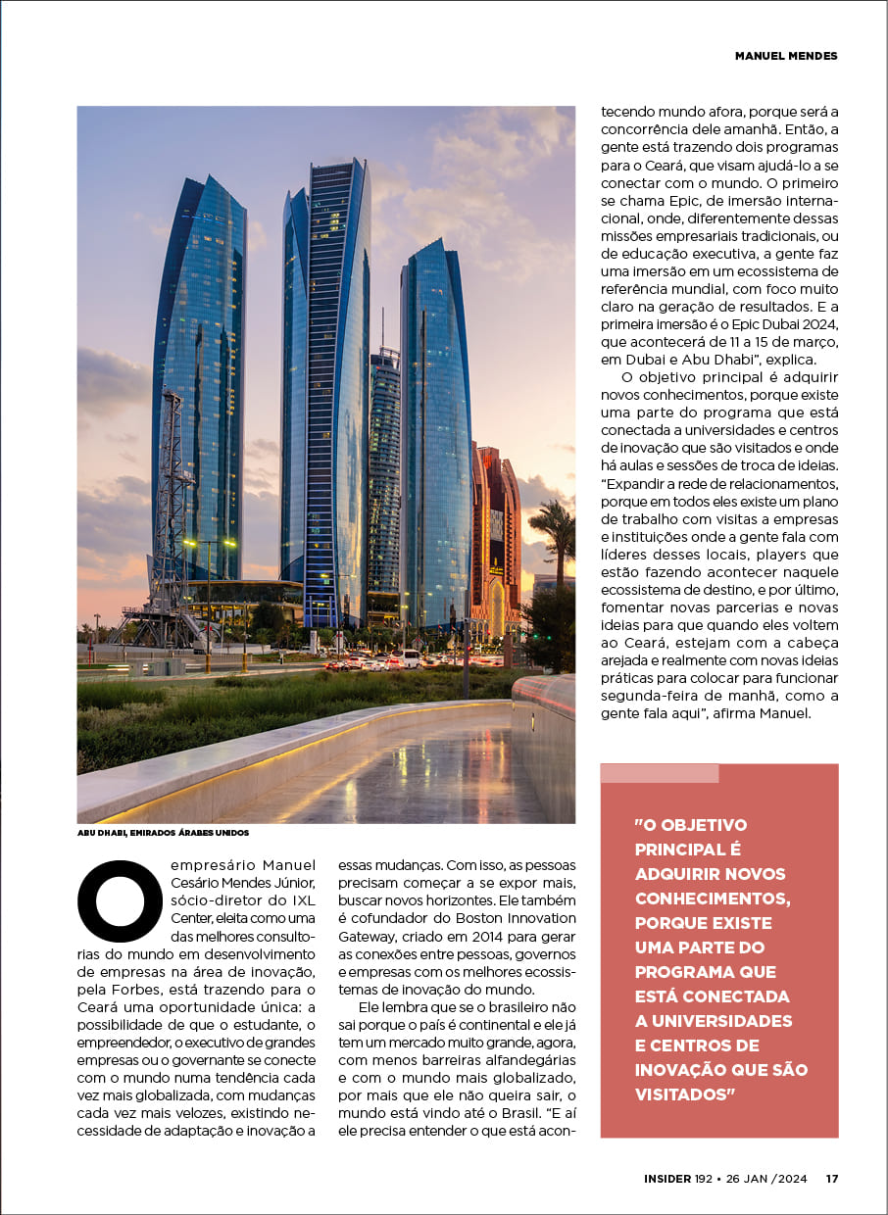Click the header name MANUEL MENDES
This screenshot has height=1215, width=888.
[786, 56]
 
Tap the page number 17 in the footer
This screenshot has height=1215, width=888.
[831, 1179]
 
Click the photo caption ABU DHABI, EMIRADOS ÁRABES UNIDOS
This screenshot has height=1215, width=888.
[164, 833]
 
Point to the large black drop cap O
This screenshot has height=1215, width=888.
[120, 899]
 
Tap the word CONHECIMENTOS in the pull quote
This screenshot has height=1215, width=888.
[713, 899]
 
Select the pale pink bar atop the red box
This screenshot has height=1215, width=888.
[660, 773]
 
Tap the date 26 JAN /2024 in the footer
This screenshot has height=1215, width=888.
[766, 1179]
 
